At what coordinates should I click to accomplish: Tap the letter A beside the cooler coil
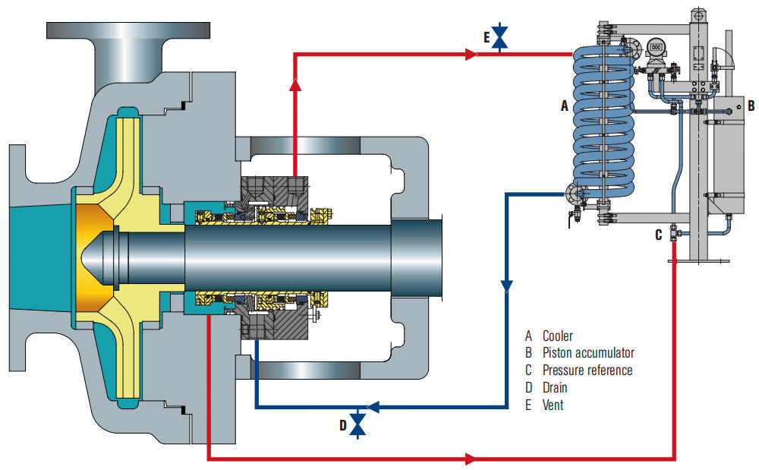tap(564, 107)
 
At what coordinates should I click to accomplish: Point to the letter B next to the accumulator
tap(750, 105)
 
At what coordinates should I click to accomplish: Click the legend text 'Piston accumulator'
tap(587, 352)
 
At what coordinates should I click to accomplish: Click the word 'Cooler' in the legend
tap(557, 336)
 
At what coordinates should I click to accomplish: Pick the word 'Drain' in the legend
tap(555, 387)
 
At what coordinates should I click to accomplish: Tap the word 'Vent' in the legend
tap(553, 405)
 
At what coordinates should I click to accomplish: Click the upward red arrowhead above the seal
tap(295, 85)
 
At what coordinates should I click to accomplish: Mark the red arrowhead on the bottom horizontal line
tap(471, 459)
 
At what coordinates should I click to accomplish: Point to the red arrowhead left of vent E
tap(471, 55)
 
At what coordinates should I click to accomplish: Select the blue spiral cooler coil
tap(603, 125)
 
